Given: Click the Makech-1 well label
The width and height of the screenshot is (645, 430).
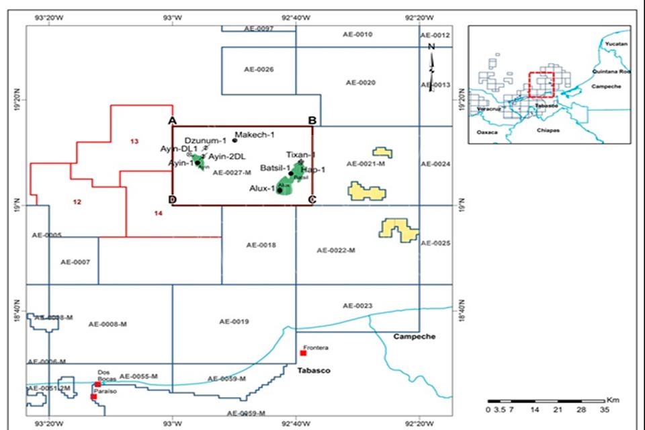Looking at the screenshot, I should point(255,135).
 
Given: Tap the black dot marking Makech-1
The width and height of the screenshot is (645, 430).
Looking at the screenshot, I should point(234,140).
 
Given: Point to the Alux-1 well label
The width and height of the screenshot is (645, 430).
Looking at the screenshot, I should point(262,189).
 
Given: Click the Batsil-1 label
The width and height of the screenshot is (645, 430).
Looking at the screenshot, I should point(275,168).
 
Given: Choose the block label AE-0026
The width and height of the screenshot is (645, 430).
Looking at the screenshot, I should point(259,69).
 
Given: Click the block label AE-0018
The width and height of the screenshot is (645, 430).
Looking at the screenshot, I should point(261,246).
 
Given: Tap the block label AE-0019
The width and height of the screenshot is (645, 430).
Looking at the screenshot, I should point(234,322).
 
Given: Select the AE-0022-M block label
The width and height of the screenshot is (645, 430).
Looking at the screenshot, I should point(335,250).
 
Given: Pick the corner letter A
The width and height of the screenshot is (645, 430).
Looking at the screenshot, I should point(172,120).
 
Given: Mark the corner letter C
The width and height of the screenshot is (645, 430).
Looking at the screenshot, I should point(312,199).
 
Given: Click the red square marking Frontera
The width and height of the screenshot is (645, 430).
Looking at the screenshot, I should point(303,353).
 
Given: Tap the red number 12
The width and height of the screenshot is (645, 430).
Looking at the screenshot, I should point(77,202).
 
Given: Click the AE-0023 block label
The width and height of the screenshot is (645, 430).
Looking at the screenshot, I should point(357,306).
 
